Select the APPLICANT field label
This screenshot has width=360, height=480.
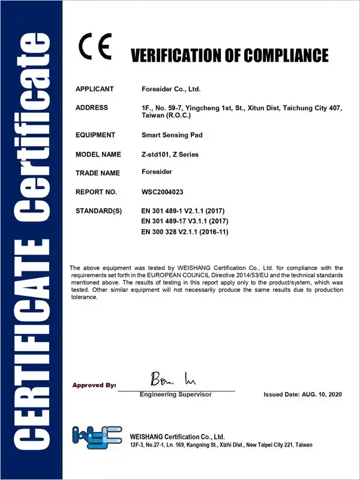click(94, 89)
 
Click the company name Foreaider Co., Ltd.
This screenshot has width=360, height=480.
click(170, 89)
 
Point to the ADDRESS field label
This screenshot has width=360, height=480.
click(92, 107)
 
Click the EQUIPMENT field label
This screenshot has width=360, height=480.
click(95, 135)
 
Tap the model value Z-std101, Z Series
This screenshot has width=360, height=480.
click(170, 154)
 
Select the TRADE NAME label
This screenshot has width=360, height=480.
click(98, 173)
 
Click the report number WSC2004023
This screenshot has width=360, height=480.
click(163, 192)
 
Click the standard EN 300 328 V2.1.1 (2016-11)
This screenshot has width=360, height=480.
click(185, 231)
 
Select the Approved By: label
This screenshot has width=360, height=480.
click(94, 385)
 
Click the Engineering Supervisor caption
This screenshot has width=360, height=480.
click(176, 394)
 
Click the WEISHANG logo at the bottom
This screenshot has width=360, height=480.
click(97, 439)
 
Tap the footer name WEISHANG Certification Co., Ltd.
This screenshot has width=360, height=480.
click(177, 436)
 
